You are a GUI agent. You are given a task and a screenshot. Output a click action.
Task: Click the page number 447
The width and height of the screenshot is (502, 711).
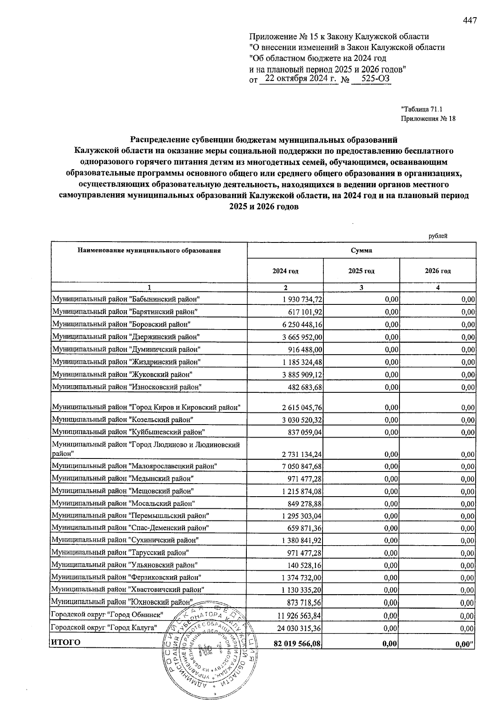(x=470, y=20)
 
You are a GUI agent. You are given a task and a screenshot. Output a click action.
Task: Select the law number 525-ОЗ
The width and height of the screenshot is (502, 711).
(x=371, y=79)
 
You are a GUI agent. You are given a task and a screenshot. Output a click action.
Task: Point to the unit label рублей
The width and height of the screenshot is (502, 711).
(x=438, y=236)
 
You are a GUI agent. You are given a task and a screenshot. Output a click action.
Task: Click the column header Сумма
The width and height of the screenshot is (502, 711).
(x=361, y=250)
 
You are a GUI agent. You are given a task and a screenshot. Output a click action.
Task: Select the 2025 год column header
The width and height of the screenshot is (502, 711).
(x=361, y=271)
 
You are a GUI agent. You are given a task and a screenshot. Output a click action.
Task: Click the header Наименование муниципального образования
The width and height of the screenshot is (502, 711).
(x=149, y=250)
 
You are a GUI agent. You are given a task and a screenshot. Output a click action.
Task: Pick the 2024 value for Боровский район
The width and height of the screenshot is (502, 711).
(x=300, y=325)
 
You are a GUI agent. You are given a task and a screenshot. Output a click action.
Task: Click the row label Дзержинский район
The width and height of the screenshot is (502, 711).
(x=125, y=337)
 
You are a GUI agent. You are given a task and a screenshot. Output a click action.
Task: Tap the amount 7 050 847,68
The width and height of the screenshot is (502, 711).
(x=300, y=466)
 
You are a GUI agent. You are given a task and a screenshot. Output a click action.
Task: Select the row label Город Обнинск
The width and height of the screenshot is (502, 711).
(x=106, y=615)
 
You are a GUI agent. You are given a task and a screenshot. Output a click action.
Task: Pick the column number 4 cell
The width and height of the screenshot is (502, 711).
(x=438, y=287)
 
